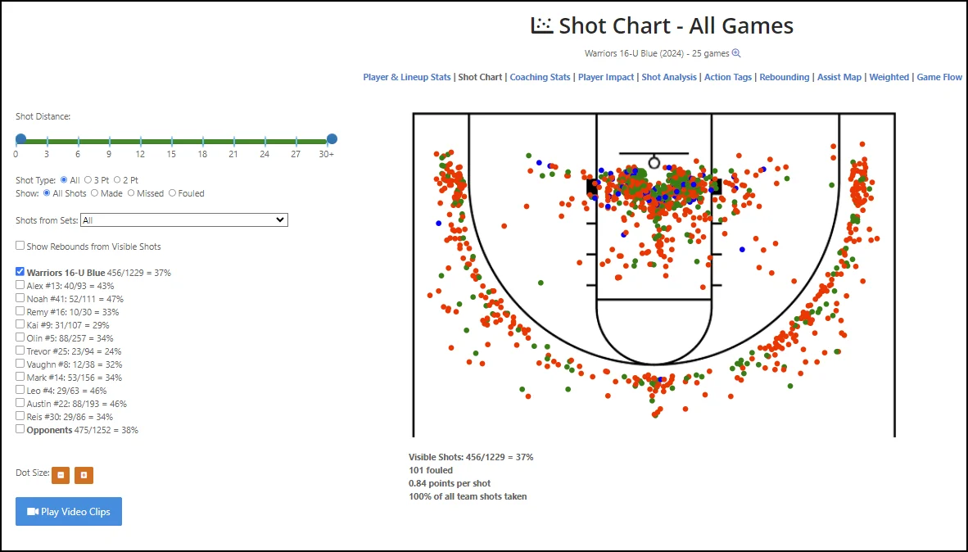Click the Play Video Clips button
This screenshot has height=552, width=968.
[69, 512]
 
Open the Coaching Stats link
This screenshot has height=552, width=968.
[540, 77]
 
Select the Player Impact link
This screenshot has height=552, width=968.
[606, 77]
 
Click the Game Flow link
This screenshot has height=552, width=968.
[939, 77]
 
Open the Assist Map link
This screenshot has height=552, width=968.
[839, 77]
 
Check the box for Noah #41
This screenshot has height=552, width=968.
[20, 299]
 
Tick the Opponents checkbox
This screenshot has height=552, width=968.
[20, 429]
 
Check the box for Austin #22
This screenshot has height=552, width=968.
[20, 403]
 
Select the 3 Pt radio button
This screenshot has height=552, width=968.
[88, 179]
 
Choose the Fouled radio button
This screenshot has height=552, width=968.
[173, 193]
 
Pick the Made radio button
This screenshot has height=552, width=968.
[95, 193]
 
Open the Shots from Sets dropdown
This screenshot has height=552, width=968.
[184, 220]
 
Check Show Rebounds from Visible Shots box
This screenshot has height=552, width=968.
[20, 246]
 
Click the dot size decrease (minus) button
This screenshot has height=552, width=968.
[61, 474]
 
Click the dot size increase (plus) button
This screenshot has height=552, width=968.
[84, 474]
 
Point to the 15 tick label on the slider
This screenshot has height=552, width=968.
[171, 154]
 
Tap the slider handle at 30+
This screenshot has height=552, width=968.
[332, 139]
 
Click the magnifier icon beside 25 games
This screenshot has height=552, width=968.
[736, 53]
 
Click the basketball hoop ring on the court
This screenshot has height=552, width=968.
[654, 162]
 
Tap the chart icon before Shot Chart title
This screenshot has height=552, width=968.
[542, 25]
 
